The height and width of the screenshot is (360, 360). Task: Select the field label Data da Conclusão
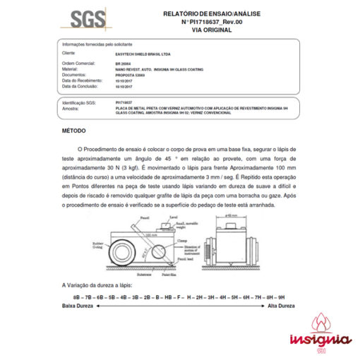coord(80,86)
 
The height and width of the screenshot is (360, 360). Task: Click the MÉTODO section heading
coord(75,131)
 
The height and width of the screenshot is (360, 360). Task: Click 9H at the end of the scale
coord(282,298)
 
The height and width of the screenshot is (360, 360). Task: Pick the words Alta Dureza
coord(281,306)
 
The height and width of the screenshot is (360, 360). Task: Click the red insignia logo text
coord(320,340)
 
